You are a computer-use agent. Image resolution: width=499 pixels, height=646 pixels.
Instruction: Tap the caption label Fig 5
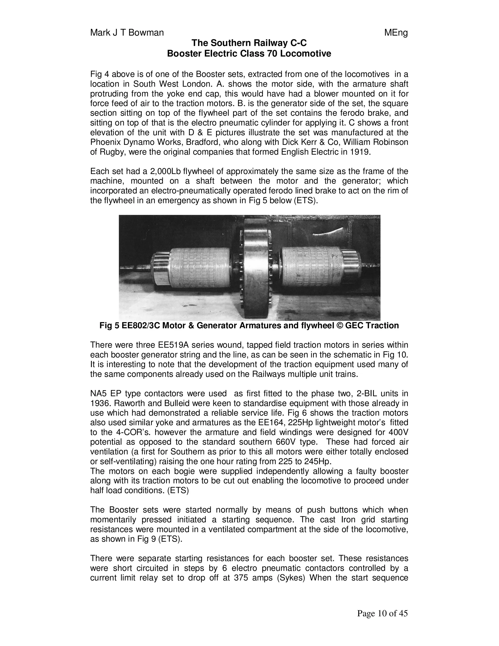(109, 326)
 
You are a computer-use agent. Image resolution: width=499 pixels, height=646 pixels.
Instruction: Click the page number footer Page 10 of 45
(382, 614)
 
